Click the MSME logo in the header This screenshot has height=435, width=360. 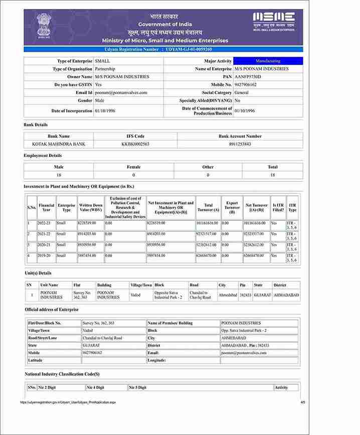(273, 21)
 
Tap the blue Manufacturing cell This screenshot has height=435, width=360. (268, 61)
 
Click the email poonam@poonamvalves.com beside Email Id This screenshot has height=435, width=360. (121, 93)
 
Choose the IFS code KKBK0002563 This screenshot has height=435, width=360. (135, 144)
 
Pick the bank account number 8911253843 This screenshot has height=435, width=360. (240, 144)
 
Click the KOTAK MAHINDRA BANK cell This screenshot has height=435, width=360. (59, 144)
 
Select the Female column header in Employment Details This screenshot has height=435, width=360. (133, 167)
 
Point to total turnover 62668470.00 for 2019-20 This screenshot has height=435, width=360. (207, 255)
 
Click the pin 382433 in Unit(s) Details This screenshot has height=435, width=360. (246, 295)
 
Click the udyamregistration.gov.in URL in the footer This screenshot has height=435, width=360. (68, 402)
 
